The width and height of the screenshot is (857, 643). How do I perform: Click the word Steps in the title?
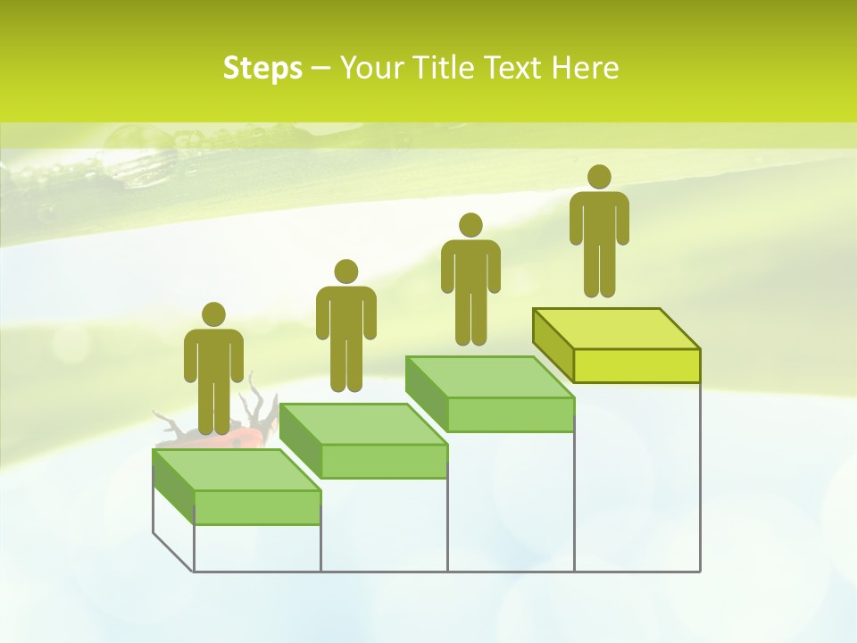pos(262,68)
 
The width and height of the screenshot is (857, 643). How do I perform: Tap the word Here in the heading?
pos(584,68)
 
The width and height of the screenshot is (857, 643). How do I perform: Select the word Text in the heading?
pos(513,68)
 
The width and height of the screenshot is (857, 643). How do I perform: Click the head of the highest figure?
pos(599,177)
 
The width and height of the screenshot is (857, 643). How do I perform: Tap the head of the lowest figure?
pos(213,314)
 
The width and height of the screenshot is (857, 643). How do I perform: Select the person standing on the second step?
pos(345,326)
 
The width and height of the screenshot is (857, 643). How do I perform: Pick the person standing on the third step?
pos(470,279)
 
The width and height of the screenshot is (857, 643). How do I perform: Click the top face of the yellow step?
pos(616,329)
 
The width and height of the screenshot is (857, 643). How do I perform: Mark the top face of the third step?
pos(490,376)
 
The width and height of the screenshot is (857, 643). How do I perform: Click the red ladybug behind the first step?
pos(245,438)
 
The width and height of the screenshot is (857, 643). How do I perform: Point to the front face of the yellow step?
pos(637,366)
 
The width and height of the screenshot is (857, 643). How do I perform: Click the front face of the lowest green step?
pos(257,507)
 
